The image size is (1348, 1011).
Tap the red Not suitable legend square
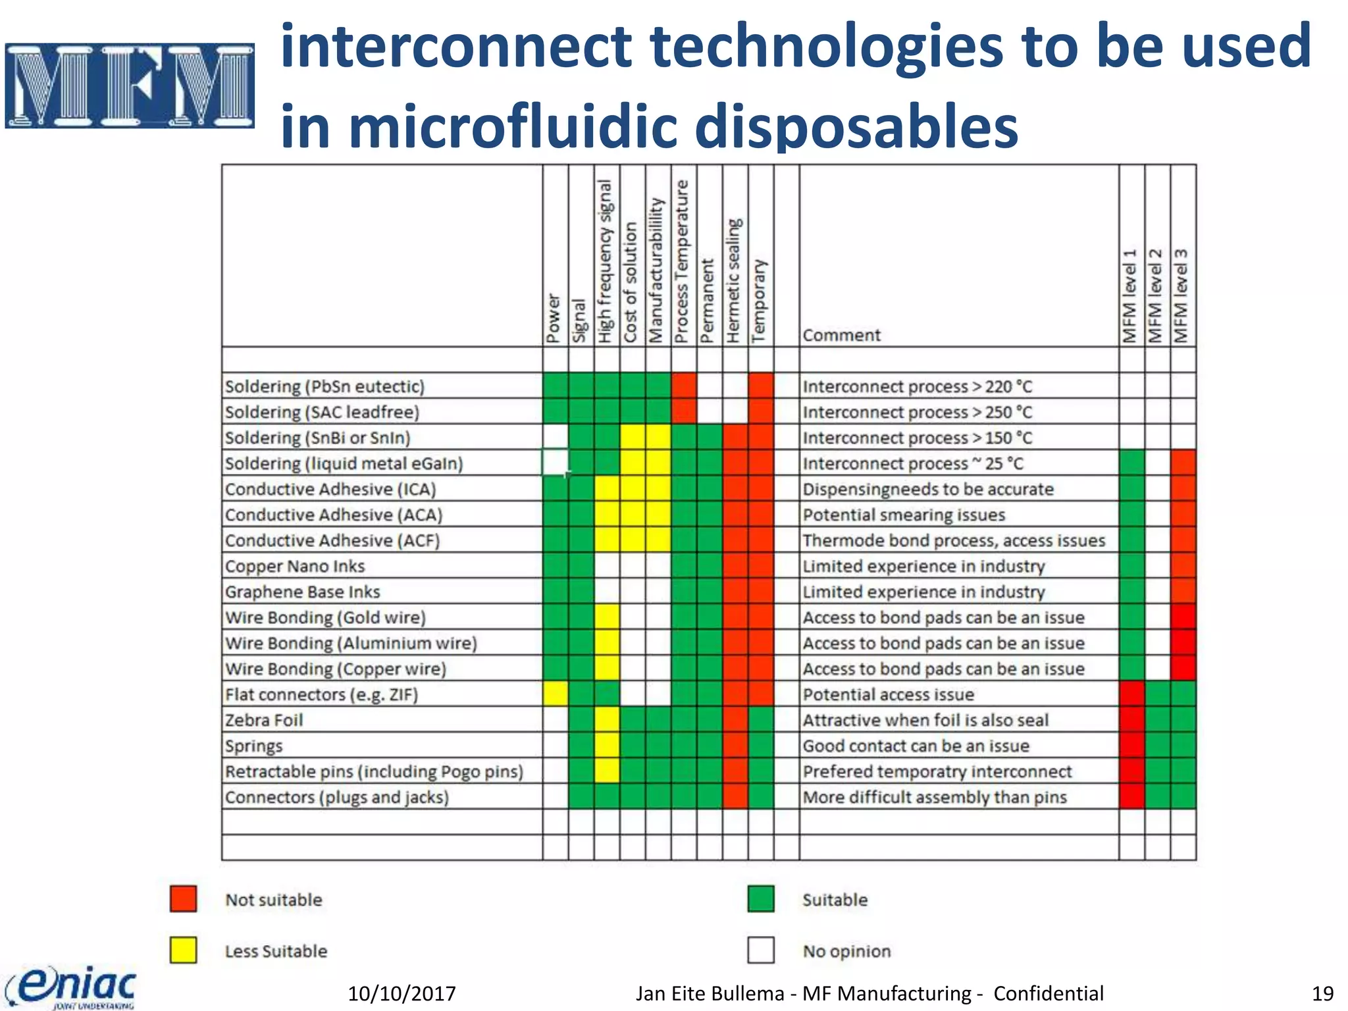click(x=183, y=898)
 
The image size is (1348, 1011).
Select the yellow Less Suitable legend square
click(x=183, y=950)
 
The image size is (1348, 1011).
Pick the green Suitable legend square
click(x=761, y=898)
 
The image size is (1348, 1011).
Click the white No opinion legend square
click(x=761, y=950)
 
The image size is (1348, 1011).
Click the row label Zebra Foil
click(x=264, y=720)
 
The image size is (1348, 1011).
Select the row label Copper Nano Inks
click(x=295, y=566)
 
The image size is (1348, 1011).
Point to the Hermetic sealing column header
click(x=735, y=280)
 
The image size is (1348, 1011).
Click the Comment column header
click(x=841, y=335)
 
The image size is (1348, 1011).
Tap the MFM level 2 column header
click(x=1156, y=296)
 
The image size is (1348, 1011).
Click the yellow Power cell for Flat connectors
click(x=556, y=694)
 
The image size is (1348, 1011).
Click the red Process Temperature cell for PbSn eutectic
click(x=684, y=386)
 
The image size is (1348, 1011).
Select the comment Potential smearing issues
click(x=904, y=515)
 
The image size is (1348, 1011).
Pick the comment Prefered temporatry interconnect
click(x=937, y=771)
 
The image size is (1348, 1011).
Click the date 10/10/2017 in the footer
click(x=402, y=993)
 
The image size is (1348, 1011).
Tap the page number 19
click(x=1322, y=993)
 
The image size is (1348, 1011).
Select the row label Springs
click(x=254, y=746)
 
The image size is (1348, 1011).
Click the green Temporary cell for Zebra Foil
click(x=761, y=719)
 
